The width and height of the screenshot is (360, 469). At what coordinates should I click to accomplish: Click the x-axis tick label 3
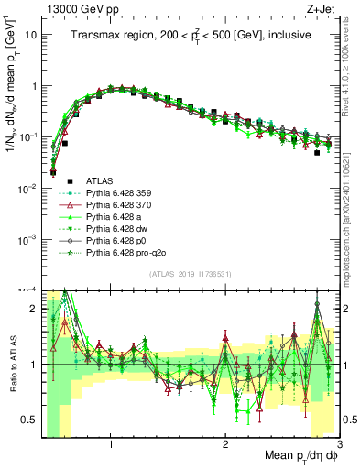coord(339,444)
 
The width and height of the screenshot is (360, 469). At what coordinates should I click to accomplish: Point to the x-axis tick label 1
coord(111,444)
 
